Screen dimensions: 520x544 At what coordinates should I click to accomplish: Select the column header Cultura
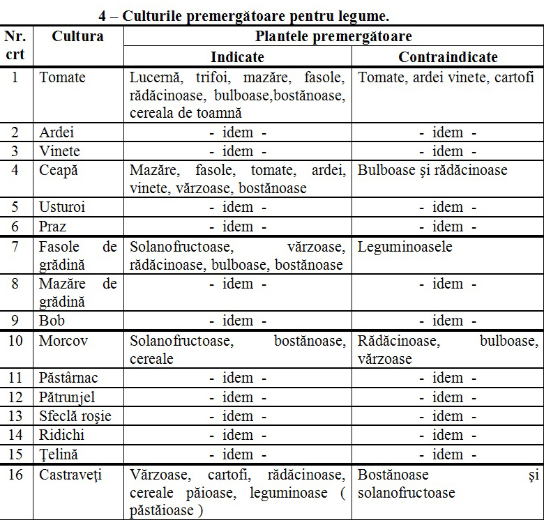(x=77, y=36)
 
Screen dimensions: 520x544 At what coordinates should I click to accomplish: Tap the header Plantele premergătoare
(x=333, y=36)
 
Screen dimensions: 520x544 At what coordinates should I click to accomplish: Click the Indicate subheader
(x=237, y=57)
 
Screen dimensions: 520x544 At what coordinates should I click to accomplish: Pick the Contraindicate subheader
(x=448, y=57)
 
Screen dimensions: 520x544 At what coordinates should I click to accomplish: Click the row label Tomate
(x=63, y=77)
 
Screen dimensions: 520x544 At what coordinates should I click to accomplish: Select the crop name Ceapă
(x=59, y=170)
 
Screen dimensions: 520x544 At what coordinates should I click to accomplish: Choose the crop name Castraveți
(x=70, y=475)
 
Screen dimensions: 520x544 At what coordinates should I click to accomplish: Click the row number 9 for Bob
(x=16, y=321)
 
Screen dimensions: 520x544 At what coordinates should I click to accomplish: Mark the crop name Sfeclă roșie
(x=75, y=416)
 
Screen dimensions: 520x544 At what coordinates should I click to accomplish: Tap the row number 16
(x=16, y=475)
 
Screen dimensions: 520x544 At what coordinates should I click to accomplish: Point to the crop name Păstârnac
(x=69, y=378)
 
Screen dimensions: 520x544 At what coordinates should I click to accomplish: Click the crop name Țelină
(x=59, y=454)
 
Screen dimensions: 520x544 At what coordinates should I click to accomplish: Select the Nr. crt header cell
(x=16, y=45)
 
